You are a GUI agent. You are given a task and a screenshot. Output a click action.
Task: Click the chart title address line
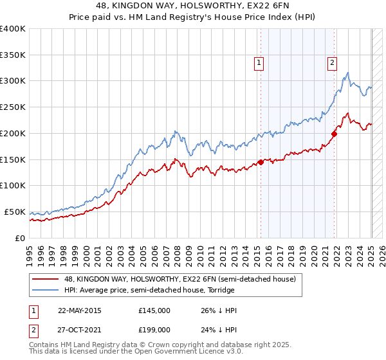click(x=192, y=6)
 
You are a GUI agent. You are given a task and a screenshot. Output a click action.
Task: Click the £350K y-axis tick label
click(x=13, y=55)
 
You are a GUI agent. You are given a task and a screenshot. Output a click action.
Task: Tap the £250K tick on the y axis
click(x=13, y=108)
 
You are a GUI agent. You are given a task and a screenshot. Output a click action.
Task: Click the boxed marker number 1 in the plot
click(x=258, y=63)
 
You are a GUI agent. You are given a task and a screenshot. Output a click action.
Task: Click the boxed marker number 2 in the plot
click(x=332, y=63)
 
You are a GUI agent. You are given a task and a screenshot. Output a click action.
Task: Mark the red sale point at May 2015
click(x=261, y=162)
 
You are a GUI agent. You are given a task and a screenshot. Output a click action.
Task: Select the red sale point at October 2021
click(x=335, y=134)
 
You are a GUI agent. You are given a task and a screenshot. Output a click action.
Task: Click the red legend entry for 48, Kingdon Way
click(x=179, y=279)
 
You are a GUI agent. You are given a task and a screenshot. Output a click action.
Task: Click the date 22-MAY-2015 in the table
click(x=79, y=310)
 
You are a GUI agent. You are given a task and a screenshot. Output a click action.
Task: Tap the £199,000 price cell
click(x=154, y=329)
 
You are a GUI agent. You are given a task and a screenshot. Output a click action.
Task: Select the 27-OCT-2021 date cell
click(x=79, y=329)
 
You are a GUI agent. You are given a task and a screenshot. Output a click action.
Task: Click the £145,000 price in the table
click(x=154, y=310)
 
